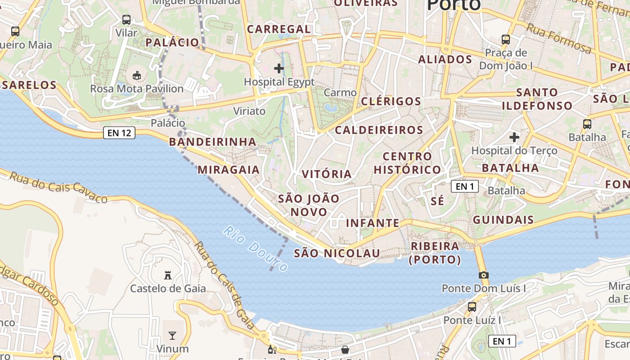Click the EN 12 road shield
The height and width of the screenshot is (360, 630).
click(x=119, y=133)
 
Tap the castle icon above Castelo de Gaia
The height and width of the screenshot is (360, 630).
click(x=168, y=275)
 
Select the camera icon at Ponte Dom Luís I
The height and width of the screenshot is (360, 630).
click(x=483, y=275)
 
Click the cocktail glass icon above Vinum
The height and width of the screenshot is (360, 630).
click(x=172, y=335)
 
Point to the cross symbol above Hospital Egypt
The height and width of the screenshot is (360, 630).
click(x=279, y=68)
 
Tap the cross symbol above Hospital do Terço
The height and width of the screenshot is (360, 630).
click(x=514, y=137)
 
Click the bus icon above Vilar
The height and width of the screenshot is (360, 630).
click(x=126, y=20)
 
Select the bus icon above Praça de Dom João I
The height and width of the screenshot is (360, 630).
click(x=506, y=40)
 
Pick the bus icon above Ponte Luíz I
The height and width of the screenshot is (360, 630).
click(x=472, y=307)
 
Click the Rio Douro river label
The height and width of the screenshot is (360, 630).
click(x=255, y=249)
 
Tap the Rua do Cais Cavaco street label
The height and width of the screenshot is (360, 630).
click(x=58, y=187)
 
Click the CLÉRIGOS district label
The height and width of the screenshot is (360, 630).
click(x=391, y=101)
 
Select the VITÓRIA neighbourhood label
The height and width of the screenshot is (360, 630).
click(x=327, y=174)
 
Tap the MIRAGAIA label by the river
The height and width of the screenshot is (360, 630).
click(x=229, y=170)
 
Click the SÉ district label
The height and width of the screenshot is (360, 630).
click(x=437, y=201)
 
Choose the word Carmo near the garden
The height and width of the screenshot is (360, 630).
click(x=340, y=93)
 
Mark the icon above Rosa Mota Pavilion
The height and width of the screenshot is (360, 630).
click(x=137, y=75)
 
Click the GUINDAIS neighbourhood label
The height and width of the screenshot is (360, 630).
click(x=503, y=220)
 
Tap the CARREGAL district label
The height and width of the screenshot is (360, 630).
click(x=279, y=29)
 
